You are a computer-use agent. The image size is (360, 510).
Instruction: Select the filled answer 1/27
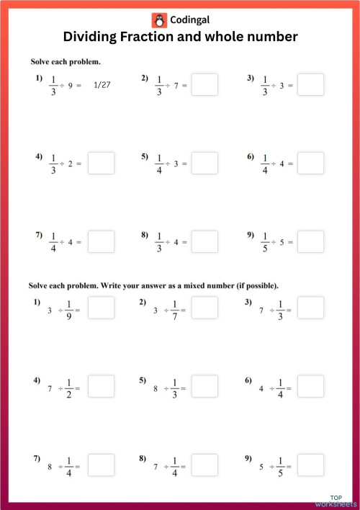point(102,85)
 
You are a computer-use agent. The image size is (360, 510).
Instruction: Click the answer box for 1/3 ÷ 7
point(205,84)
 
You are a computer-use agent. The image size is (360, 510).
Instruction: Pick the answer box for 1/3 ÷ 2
point(102,163)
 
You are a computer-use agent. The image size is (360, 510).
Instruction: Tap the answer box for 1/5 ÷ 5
point(310,241)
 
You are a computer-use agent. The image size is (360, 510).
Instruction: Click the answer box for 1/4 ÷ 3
point(205,163)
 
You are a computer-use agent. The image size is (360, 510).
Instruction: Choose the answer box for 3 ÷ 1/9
point(102,308)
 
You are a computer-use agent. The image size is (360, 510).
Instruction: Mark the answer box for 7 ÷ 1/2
point(102,386)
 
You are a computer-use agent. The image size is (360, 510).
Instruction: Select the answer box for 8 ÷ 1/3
point(205,386)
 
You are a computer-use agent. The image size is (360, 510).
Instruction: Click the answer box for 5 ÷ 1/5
point(310,465)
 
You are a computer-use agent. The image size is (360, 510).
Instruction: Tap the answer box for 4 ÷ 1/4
point(310,386)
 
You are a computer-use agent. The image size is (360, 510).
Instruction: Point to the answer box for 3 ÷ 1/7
point(205,308)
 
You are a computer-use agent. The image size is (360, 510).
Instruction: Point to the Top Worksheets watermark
point(336,501)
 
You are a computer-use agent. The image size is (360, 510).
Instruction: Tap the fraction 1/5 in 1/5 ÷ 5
point(264,241)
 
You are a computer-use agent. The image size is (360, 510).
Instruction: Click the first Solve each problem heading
point(65,61)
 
